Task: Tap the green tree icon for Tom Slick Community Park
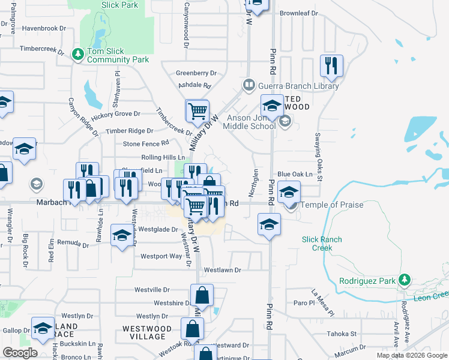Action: (x=77, y=55)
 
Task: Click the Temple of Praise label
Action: (x=332, y=205)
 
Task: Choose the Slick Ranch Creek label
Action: (x=322, y=244)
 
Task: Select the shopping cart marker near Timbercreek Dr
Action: (x=197, y=111)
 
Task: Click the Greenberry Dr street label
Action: (x=196, y=73)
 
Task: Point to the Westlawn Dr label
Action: (x=222, y=270)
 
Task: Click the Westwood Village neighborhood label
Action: (x=147, y=332)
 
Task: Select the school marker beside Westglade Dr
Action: (x=122, y=234)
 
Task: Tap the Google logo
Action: (x=20, y=353)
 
